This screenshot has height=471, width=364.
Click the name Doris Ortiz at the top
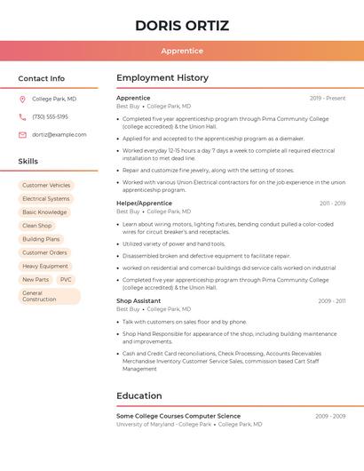pos(182,26)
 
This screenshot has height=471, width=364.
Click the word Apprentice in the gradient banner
pos(182,51)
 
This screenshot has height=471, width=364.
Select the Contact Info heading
pos(41,78)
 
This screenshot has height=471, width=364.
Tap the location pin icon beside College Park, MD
pos(22,99)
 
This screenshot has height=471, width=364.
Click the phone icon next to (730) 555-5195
pos(22,116)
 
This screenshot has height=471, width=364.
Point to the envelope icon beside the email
pos(22,134)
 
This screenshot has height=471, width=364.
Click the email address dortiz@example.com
pos(59,134)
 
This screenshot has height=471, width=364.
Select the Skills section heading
pos(28,161)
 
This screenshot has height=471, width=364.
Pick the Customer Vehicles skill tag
pos(46,185)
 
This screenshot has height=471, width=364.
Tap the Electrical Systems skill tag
pos(45,199)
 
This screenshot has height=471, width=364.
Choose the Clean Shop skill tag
pos(37,226)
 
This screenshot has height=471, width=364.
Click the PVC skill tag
pos(66,279)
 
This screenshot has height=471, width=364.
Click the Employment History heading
pos(162,78)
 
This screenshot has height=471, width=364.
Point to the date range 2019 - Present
pos(328,98)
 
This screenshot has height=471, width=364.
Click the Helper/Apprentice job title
pos(144,204)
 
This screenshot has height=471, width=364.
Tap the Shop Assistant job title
pos(138,300)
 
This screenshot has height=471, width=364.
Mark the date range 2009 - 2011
pos(331,301)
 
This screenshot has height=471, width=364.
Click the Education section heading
pos(139,395)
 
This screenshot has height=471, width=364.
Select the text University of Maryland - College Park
pos(164,425)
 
